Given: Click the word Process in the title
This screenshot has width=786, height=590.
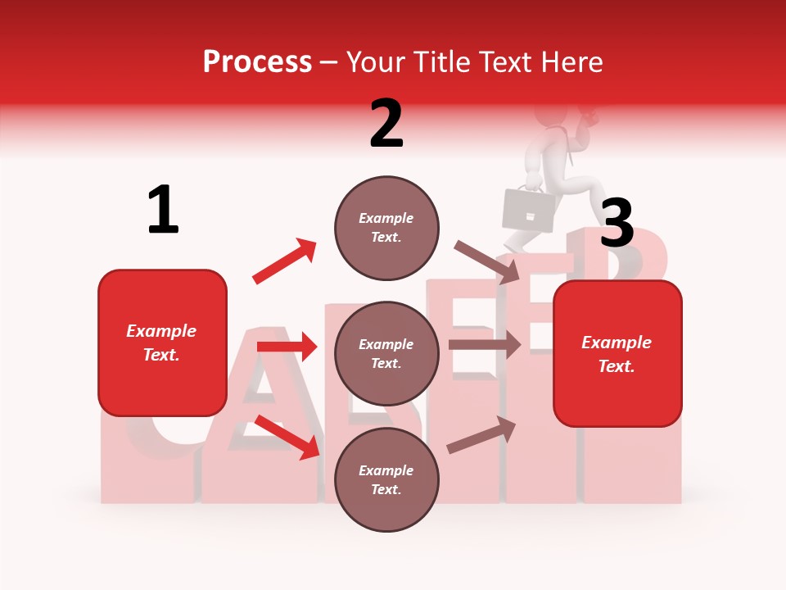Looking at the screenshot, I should tap(257, 62).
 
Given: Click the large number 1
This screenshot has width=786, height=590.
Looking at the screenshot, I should tap(163, 210).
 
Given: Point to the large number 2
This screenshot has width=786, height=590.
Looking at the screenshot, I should tap(386, 124).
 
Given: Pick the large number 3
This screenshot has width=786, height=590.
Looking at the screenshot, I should tap(617, 223).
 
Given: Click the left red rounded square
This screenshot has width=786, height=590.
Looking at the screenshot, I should tap(162, 343).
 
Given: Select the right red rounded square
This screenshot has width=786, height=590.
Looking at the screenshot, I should tap(617, 353).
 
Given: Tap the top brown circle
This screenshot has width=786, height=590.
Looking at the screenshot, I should tap(386, 227).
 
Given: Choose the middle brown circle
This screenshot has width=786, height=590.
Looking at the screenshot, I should tap(386, 353).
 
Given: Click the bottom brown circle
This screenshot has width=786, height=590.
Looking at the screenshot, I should tap(386, 479).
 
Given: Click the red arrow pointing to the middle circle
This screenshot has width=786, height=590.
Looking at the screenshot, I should tap(287, 347).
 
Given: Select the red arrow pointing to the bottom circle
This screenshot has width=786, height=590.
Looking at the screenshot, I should tap(287, 438).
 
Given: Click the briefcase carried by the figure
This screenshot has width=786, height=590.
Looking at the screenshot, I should tap(528, 209).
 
